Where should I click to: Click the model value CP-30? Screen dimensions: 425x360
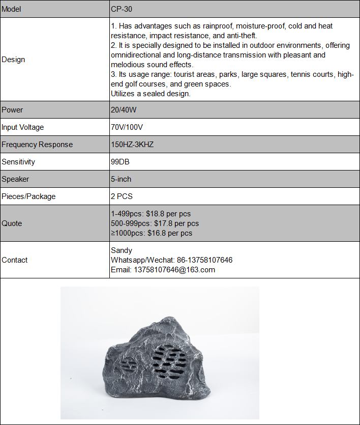click(x=122, y=9)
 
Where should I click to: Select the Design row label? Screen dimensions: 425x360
click(x=13, y=60)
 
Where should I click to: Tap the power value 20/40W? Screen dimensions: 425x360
click(x=124, y=110)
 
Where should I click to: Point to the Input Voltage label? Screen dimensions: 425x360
click(x=23, y=127)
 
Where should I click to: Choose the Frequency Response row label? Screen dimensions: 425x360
click(x=37, y=145)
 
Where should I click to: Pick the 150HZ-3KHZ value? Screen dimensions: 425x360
click(x=132, y=145)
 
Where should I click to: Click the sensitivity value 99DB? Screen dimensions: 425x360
click(x=121, y=162)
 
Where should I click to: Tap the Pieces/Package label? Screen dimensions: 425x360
click(x=28, y=196)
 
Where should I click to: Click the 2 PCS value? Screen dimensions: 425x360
click(x=122, y=196)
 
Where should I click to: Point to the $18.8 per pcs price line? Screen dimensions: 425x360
click(x=151, y=214)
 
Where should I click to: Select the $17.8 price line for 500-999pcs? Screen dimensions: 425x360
click(x=155, y=223)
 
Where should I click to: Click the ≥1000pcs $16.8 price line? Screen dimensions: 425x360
click(x=152, y=233)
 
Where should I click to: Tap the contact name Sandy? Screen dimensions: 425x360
click(x=122, y=250)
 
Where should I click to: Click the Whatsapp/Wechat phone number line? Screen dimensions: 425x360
click(x=171, y=260)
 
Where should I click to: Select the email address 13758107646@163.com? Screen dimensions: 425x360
click(x=163, y=270)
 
